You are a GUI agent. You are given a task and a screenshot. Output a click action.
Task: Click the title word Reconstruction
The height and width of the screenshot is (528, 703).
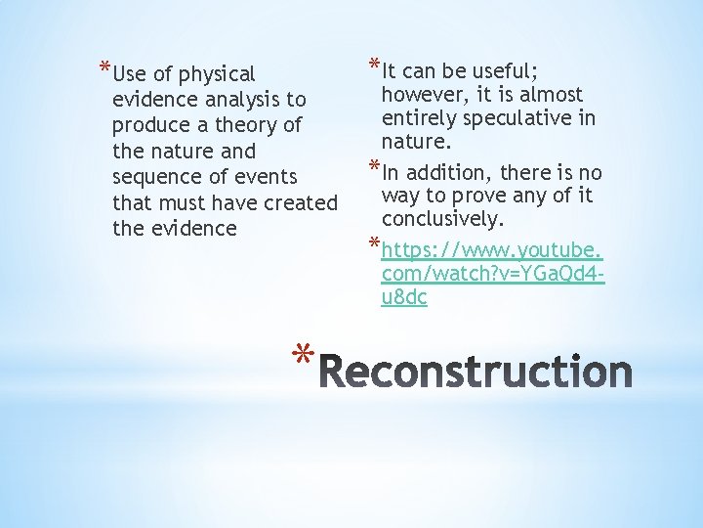click(476, 373)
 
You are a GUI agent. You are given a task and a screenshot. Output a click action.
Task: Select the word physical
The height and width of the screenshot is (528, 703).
click(216, 74)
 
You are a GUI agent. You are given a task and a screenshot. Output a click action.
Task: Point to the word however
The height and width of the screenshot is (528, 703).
click(419, 95)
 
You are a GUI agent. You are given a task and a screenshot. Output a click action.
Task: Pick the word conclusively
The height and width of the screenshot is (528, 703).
click(443, 217)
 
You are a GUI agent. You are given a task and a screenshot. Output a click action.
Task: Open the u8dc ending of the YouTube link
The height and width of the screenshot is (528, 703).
click(404, 298)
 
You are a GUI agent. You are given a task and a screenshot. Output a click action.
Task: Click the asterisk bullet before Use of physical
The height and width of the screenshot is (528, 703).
click(104, 67)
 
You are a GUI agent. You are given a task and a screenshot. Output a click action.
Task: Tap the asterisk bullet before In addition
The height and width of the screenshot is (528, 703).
click(373, 166)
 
